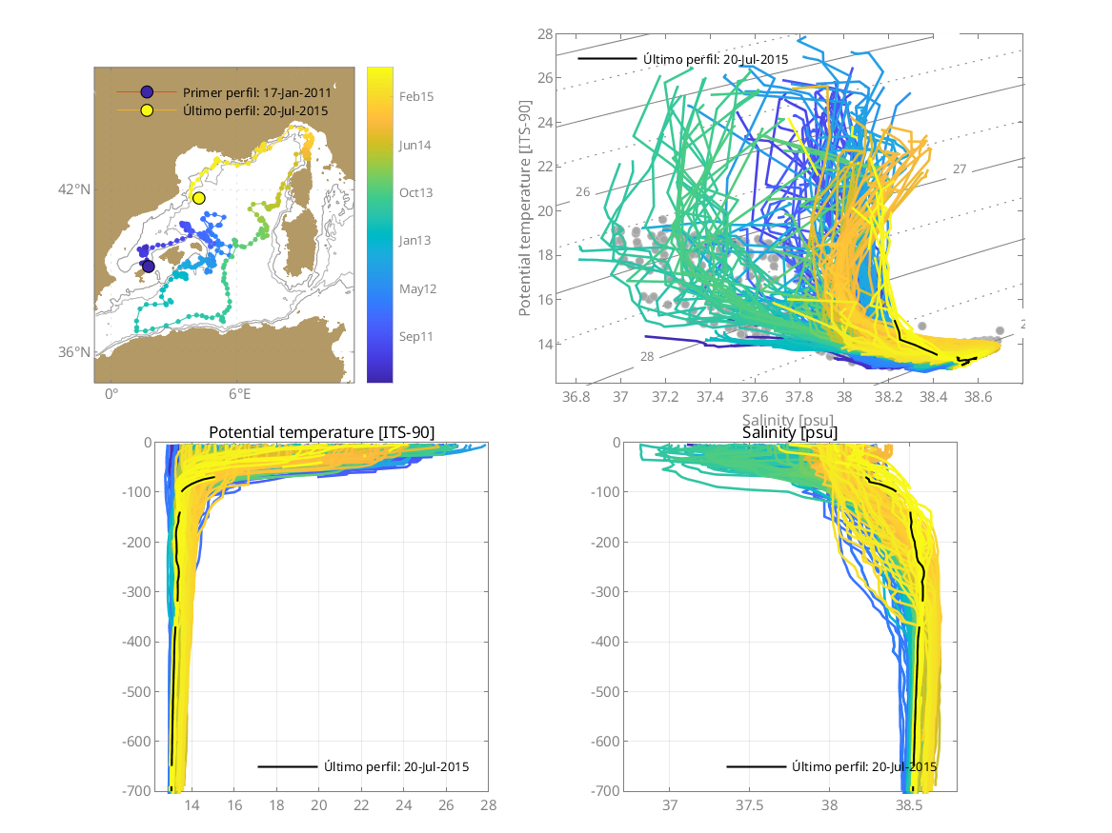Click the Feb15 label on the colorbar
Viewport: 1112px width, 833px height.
pos(416,96)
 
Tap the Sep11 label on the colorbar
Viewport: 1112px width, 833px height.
pos(416,336)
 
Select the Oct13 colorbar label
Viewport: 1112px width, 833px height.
pos(416,192)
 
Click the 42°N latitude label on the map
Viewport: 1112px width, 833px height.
pos(74,188)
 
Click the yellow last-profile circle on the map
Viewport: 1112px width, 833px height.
pos(198,198)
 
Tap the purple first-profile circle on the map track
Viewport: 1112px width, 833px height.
pos(148,266)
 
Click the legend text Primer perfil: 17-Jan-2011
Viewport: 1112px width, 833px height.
pos(256,92)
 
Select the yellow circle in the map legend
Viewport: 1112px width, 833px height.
pos(148,110)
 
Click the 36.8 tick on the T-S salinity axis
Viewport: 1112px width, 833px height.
pos(576,395)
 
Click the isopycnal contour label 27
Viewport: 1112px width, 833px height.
pos(959,169)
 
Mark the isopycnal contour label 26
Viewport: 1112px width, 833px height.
pos(583,192)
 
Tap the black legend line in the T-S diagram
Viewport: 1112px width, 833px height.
pos(607,59)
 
